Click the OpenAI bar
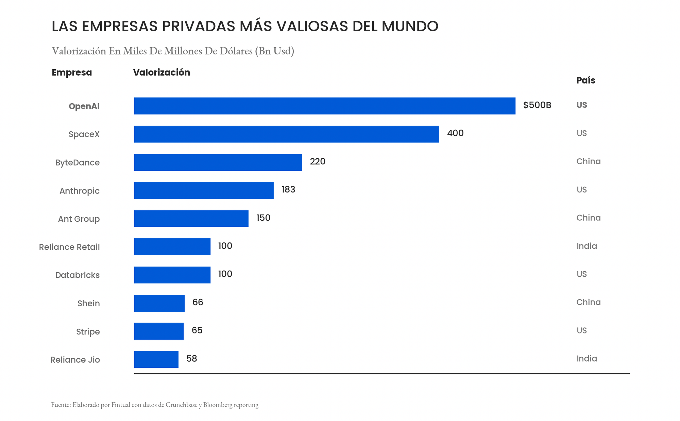[x=325, y=106]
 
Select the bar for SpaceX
[x=286, y=134]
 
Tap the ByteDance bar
[x=218, y=162]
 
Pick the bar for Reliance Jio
[x=156, y=359]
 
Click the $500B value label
[x=537, y=105]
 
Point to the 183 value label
[x=288, y=189]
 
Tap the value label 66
[x=198, y=302]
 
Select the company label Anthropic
[x=80, y=191]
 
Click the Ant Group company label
[x=79, y=219]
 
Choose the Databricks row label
[x=78, y=275]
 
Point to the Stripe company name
[x=88, y=332]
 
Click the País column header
[x=586, y=80]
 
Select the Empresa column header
[x=72, y=73]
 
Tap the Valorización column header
[x=161, y=73]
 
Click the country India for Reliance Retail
[x=586, y=246]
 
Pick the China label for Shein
[x=588, y=302]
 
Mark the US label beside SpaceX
[x=582, y=133]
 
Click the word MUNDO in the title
[x=410, y=26]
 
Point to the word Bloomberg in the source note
[x=218, y=405]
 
